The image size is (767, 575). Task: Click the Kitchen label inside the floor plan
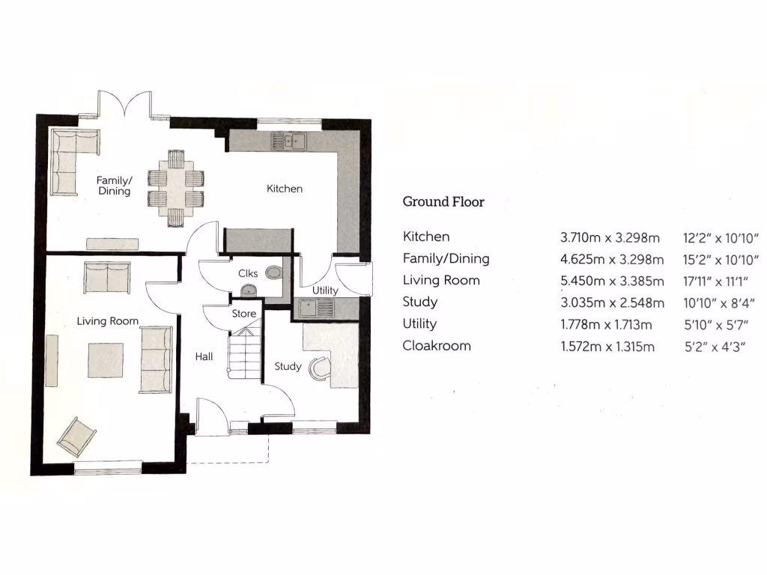[285, 189]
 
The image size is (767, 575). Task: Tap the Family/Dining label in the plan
[114, 186]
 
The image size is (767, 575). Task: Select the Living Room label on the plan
[107, 321]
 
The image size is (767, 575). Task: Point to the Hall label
[203, 357]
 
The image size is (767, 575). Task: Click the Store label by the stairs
[244, 314]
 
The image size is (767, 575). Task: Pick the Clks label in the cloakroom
[248, 274]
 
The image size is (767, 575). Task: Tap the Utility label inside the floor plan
[325, 290]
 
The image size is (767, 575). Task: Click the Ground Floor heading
[443, 201]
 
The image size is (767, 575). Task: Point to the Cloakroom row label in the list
[437, 346]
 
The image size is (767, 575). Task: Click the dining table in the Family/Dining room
[176, 188]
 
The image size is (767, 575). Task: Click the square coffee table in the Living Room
[106, 360]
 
